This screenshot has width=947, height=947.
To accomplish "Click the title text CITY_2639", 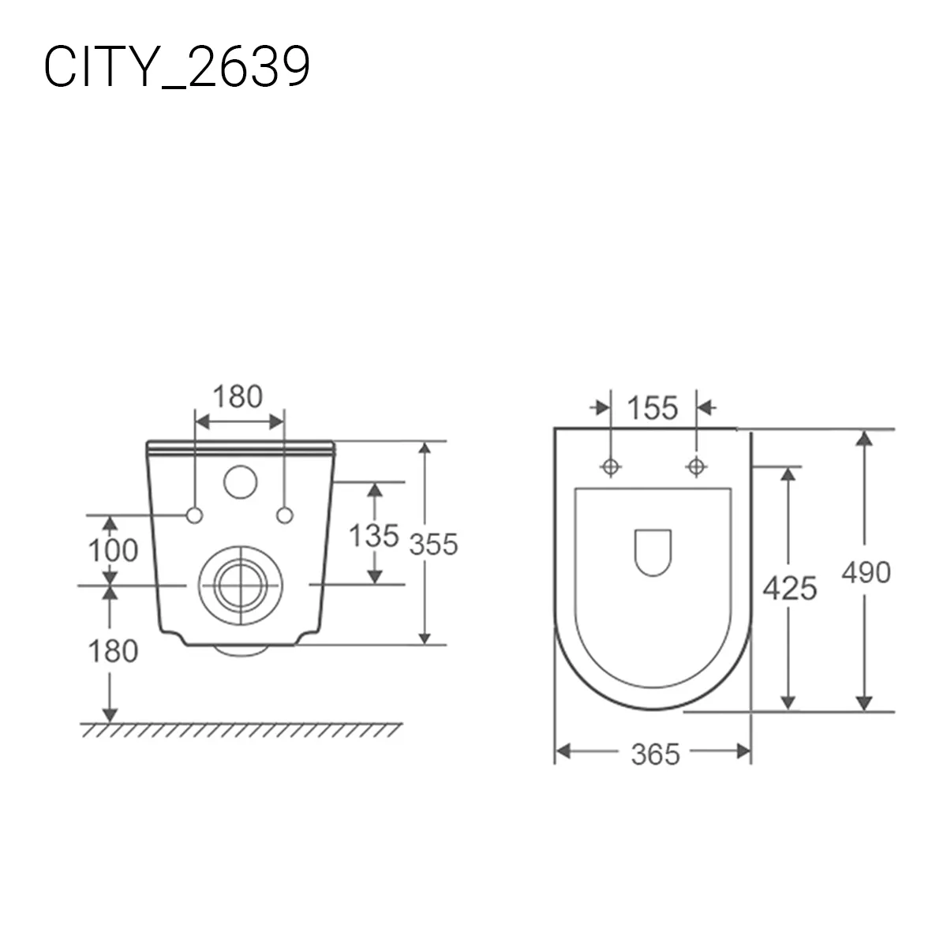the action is point(177,66).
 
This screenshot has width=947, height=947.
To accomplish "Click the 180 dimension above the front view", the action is point(238,397).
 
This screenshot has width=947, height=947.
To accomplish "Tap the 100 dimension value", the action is point(113,550).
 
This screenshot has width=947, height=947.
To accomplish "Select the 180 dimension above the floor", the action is point(113,651).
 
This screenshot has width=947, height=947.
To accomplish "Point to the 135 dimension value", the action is point(374,535).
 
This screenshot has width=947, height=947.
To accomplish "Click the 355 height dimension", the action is point(433,544).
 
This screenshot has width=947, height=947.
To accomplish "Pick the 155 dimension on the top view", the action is point(653,408).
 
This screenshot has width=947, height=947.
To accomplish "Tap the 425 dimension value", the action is point(789,588).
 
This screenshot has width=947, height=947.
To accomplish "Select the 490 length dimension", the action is point(866,572).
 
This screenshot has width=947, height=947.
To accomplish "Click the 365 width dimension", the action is point(656,754).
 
